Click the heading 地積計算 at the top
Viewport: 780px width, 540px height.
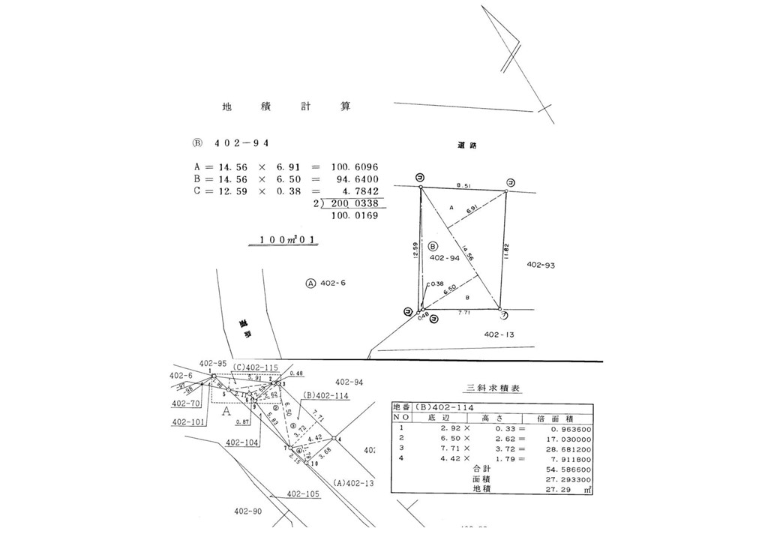tap(286, 107)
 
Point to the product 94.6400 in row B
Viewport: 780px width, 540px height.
tap(354, 179)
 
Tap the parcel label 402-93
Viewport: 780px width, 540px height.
tap(541, 265)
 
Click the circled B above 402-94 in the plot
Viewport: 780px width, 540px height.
tap(433, 246)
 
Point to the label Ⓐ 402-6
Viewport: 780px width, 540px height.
tap(328, 283)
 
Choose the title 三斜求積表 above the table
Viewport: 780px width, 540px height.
tap(494, 388)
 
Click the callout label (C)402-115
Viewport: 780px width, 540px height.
tap(255, 367)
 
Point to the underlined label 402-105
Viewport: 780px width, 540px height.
tap(303, 495)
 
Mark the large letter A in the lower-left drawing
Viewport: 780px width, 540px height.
tap(226, 411)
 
